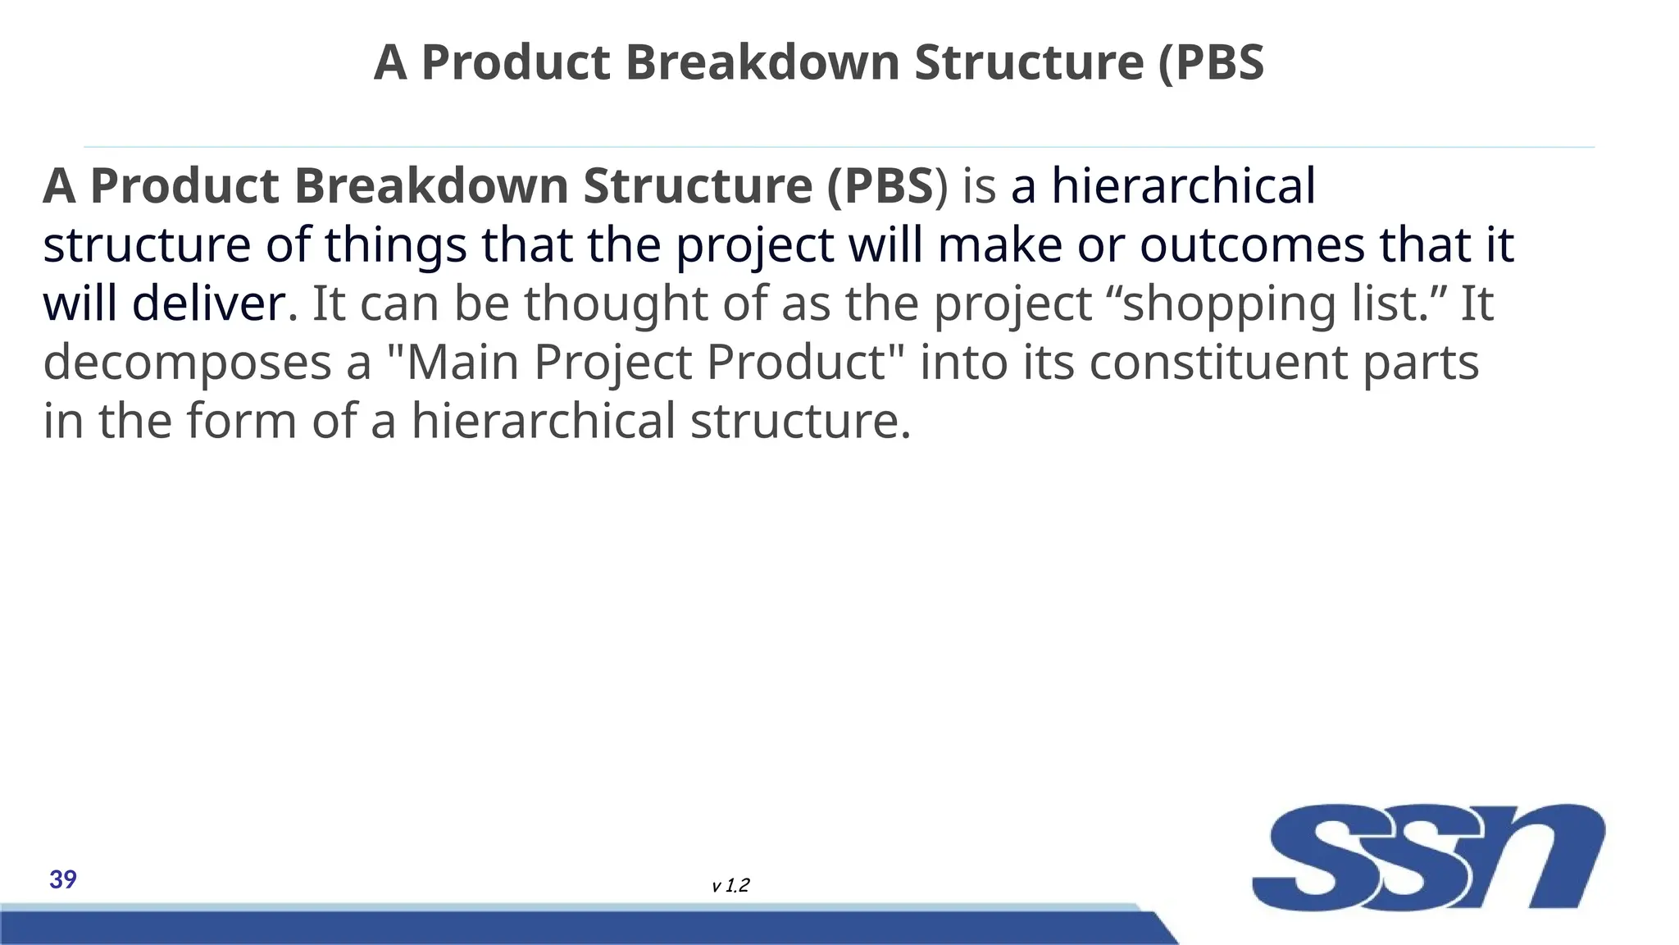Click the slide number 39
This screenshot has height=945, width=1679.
pyautogui.click(x=63, y=879)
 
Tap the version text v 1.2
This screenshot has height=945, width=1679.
pyautogui.click(x=730, y=886)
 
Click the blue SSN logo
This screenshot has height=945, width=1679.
pyautogui.click(x=1427, y=856)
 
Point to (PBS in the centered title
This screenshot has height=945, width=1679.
pyautogui.click(x=1212, y=62)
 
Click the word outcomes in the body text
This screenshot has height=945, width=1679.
pyautogui.click(x=1252, y=244)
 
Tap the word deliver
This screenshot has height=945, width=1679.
pyautogui.click(x=210, y=303)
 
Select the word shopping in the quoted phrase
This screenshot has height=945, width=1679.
pyautogui.click(x=1228, y=304)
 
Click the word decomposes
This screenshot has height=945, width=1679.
pyautogui.click(x=187, y=363)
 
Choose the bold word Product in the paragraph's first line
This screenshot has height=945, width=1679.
pyautogui.click(x=184, y=185)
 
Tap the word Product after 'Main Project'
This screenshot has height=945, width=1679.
pyautogui.click(x=795, y=362)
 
